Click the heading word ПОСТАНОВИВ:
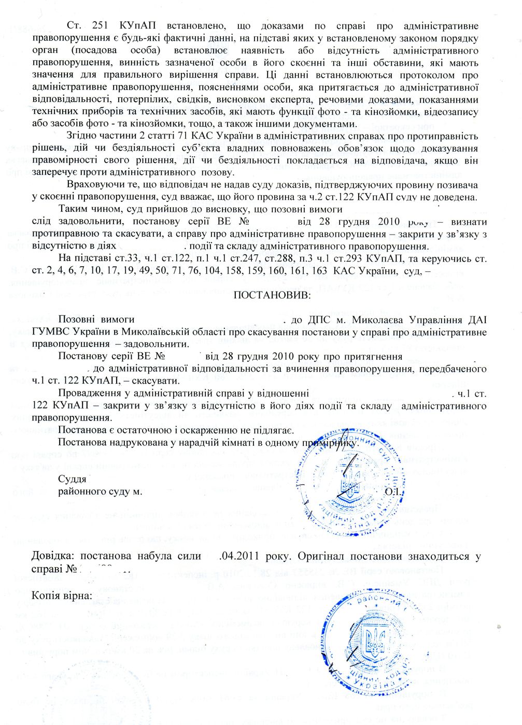pyautogui.click(x=273, y=295)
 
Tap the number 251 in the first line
pyautogui.click(x=100, y=25)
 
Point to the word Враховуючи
pyautogui.click(x=92, y=185)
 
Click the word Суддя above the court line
pyautogui.click(x=72, y=478)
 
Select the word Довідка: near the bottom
pyautogui.click(x=53, y=557)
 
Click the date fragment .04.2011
pyautogui.click(x=240, y=557)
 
